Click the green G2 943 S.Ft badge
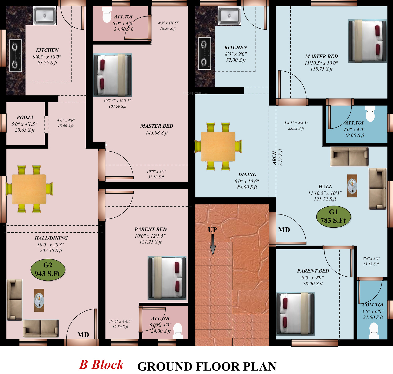[48, 270]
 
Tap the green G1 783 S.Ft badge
[333, 216]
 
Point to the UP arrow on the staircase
[213, 245]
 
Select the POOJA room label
[25, 117]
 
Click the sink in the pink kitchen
[45, 16]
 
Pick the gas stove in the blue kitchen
[205, 53]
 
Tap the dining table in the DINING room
[218, 146]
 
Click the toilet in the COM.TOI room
[374, 331]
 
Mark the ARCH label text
[274, 158]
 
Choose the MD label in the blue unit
[284, 230]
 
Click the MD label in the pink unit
[83, 335]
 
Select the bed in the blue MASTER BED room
[367, 41]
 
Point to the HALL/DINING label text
[51, 238]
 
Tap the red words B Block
[101, 365]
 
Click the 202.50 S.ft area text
[51, 251]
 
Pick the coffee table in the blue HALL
[352, 186]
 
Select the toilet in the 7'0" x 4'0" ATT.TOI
[370, 114]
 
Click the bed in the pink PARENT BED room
[167, 278]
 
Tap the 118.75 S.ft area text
[321, 69]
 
